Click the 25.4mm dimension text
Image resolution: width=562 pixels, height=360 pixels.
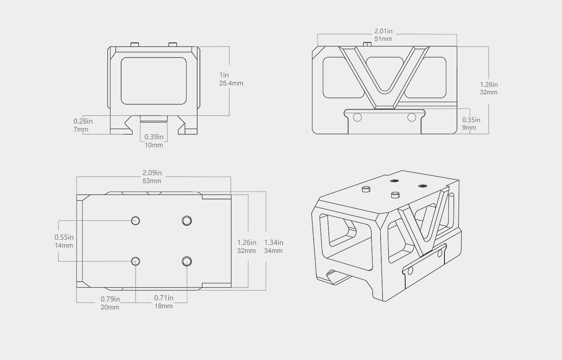pos(231,83)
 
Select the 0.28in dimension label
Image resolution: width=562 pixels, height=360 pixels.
pos(83,121)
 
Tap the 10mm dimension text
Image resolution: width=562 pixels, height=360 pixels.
pos(154,145)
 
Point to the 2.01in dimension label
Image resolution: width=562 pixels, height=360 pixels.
pos(383,31)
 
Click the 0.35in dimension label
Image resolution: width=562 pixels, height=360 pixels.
pos(471,120)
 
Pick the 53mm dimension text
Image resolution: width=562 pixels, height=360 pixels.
pos(152,181)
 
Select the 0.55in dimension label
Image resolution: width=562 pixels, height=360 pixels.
pos(64,237)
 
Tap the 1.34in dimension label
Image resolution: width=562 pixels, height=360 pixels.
pos(274,242)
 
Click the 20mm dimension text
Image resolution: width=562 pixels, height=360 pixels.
pos(110,307)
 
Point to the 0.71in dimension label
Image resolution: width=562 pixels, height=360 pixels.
pos(163,298)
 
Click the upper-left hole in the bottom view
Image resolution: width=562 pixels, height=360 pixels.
pos(136,221)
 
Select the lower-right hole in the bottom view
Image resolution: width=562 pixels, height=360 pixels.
pos(187,261)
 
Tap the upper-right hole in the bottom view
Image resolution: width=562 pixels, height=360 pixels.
pos(187,221)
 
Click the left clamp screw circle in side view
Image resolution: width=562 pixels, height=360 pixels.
pos(357,117)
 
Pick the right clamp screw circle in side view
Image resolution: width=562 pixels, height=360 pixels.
pos(412,117)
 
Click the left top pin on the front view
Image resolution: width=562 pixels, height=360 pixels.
pos(135,44)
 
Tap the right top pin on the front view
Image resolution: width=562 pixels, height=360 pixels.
pos(173,44)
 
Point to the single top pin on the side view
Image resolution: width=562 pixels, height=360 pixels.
pos(367,44)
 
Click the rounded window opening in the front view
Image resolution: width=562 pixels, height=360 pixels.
pos(154,81)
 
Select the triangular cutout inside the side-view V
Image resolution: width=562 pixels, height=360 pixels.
pos(384,72)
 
